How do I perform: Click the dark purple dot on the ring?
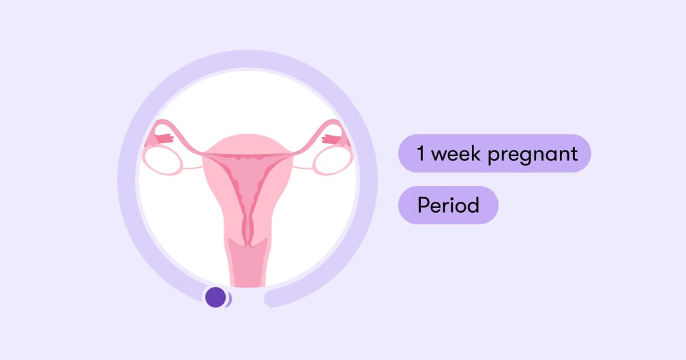tap(215, 297)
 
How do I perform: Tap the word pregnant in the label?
tap(533, 154)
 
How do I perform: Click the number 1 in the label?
tap(421, 153)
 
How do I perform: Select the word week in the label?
tap(456, 153)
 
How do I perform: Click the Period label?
tap(448, 205)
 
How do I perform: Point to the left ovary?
tap(162, 160)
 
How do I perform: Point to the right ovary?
tap(333, 160)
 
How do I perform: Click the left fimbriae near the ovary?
tap(163, 138)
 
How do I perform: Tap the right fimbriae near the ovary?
tap(331, 138)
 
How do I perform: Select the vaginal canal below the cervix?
tap(248, 265)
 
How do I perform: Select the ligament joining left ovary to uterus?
tap(192, 167)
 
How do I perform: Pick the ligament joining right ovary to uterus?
tap(302, 167)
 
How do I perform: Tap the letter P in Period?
tap(422, 205)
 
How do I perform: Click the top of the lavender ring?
tap(248, 59)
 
